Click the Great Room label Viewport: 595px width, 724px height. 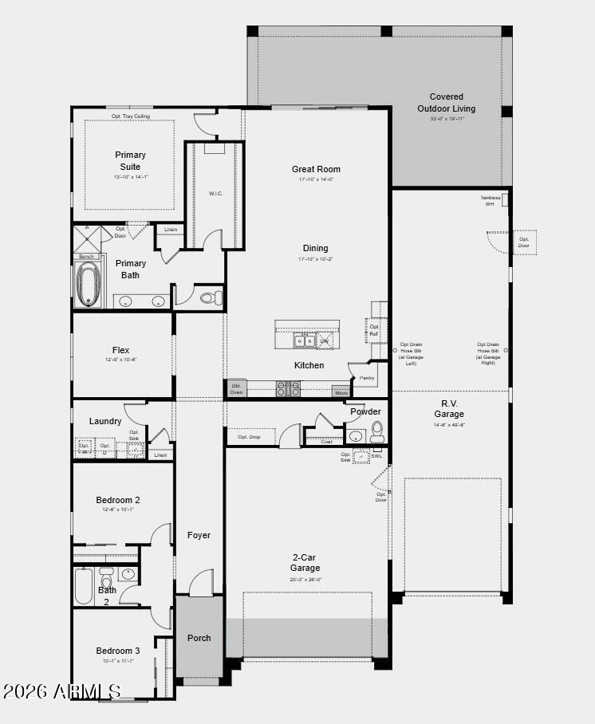316,169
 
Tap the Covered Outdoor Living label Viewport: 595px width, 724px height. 446,103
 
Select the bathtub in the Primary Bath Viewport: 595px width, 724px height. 89,285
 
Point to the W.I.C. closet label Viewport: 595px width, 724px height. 215,193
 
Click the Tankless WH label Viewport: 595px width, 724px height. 490,201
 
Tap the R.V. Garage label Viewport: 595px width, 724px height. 449,408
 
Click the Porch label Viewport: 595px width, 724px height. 199,638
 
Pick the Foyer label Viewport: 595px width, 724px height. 199,535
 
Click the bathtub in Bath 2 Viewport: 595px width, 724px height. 84,586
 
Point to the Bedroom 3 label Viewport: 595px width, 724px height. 118,651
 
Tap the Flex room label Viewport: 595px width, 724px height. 120,350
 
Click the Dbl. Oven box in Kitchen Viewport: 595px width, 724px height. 236,388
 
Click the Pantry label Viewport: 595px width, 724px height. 367,378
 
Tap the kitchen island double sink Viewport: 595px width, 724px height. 304,341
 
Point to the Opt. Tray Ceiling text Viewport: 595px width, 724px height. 130,116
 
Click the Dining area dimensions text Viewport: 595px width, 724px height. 315,259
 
